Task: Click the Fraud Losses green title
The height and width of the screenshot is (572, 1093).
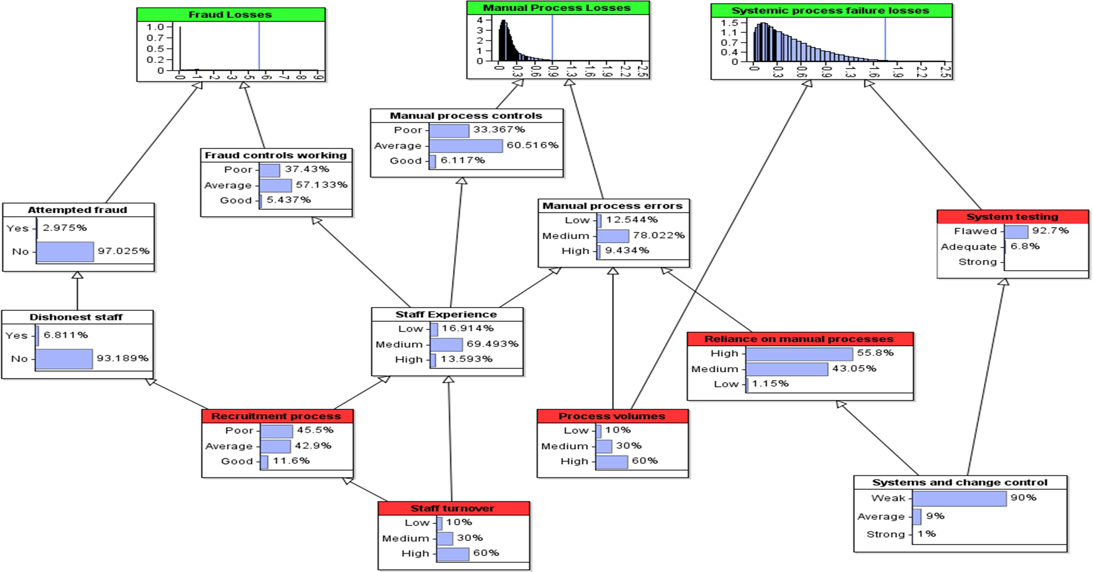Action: click(x=230, y=15)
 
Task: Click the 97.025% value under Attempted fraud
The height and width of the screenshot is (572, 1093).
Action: click(x=124, y=251)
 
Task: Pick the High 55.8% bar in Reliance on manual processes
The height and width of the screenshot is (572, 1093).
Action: click(x=799, y=354)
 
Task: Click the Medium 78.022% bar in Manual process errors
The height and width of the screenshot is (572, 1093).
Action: click(x=613, y=236)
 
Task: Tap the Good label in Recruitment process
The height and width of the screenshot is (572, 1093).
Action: click(x=237, y=461)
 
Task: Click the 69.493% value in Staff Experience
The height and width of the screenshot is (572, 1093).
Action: click(x=492, y=344)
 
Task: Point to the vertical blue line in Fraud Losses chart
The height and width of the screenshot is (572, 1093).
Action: click(x=259, y=46)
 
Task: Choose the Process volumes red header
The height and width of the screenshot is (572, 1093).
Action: click(x=612, y=416)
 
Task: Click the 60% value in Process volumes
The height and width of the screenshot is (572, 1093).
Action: click(x=645, y=461)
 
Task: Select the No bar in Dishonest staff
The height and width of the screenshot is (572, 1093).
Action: click(x=64, y=359)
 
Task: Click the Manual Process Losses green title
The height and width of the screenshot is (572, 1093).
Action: click(x=557, y=8)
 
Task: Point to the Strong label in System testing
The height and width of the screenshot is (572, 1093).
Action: click(x=977, y=262)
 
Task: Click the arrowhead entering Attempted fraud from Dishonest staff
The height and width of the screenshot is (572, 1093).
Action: click(x=77, y=275)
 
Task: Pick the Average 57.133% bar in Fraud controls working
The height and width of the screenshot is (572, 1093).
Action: click(x=275, y=186)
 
